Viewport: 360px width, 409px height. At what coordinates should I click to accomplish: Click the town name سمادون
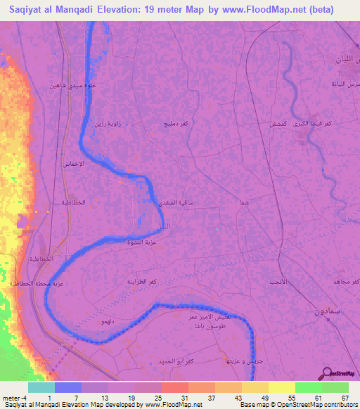point(325,309)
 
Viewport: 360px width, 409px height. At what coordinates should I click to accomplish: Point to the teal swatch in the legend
point(41,387)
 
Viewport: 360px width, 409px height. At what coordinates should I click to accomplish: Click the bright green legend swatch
point(308,387)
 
